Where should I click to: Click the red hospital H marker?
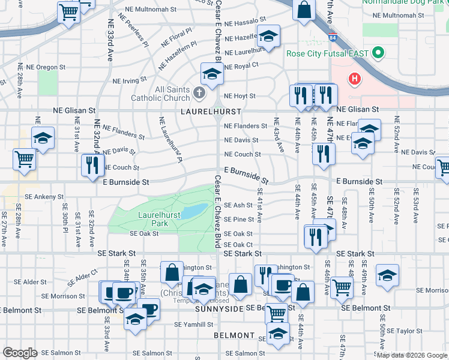point(355,79)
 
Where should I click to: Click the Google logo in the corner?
point(19,353)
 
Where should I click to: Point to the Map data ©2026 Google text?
point(412,355)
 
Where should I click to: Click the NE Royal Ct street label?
point(241,65)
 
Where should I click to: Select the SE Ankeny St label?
point(44,196)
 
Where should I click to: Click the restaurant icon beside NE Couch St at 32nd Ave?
point(91,165)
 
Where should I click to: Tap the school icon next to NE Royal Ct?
point(211,74)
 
